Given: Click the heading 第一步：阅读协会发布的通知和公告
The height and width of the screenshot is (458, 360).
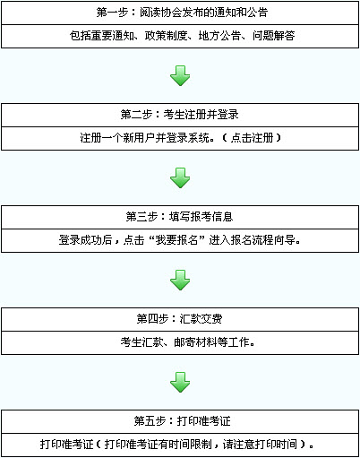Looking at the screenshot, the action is pos(182,13).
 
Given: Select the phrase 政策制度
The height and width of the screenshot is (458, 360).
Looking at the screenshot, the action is pos(167,36).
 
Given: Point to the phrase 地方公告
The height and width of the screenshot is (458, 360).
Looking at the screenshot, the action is pos(220,36).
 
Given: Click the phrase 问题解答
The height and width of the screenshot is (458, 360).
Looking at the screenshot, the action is pos(274,36).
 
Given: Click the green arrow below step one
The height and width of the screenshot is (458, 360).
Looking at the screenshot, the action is pos(180,76).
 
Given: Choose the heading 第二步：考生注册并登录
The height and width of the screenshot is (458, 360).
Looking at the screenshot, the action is pos(179,115).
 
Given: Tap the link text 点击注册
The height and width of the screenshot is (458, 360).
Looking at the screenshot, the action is pos(253,138).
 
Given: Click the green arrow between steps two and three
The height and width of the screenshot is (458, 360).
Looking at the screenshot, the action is pos(180,178).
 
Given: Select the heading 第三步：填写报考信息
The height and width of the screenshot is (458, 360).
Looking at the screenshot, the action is pos(179,217).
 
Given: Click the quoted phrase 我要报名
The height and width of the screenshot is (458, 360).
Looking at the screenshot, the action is pos(177,240).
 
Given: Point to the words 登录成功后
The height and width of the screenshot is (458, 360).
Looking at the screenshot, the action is pos(85,240).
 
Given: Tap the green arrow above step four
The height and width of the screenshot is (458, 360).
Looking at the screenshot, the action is pos(180,281).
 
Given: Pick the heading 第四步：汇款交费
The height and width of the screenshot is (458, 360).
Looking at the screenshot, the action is pos(179,319).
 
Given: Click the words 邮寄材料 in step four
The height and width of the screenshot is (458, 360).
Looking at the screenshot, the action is pos(195,342).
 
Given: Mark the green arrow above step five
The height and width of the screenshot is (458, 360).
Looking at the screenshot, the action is pos(180,383).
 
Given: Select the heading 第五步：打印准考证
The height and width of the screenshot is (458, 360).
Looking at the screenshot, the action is pos(182,421).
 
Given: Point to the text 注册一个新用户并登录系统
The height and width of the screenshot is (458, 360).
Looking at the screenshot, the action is pos(144,138).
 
